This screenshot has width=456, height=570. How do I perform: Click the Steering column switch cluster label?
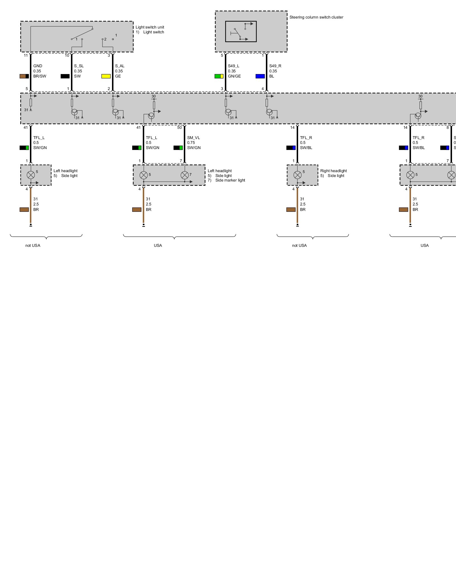tap(316, 17)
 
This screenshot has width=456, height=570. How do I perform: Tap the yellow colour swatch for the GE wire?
tap(106, 76)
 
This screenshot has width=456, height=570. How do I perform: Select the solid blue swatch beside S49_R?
tap(260, 76)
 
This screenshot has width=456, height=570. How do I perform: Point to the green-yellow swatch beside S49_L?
tap(219, 76)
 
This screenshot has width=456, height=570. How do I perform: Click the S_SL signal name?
tap(79, 66)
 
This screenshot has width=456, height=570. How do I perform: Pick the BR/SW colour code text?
tap(40, 76)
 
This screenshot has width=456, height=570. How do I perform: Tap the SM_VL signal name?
tap(194, 138)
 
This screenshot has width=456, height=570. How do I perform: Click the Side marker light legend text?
tap(230, 180)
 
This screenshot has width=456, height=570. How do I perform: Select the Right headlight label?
tap(333, 171)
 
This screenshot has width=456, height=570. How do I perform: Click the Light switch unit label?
tap(150, 27)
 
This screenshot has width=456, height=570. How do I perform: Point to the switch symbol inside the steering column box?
tap(241, 31)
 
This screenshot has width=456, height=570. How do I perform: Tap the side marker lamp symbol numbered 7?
tap(185, 175)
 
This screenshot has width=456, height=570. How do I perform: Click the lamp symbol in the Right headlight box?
tap(297, 175)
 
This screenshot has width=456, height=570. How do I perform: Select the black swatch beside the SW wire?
tap(65, 76)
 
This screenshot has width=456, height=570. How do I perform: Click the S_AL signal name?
tap(120, 66)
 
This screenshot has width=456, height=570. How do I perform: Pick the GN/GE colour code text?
tap(234, 76)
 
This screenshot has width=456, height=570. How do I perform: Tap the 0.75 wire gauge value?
tap(191, 143)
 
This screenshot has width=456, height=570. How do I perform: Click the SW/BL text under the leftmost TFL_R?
tap(306, 148)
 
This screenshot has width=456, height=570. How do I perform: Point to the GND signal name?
tap(38, 66)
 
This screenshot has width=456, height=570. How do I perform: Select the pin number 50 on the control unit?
tap(180, 128)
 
